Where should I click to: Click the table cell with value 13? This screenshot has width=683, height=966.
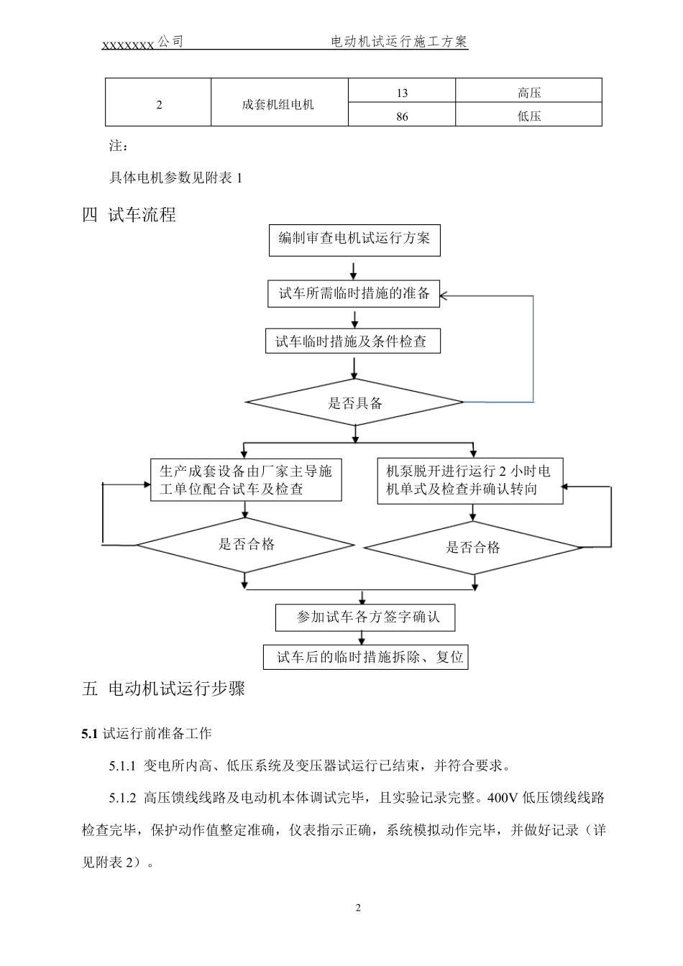pos(401,92)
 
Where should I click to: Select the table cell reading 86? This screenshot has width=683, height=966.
pos(401,116)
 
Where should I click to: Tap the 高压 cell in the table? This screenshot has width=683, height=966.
pos(528,92)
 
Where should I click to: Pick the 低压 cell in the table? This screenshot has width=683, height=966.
pos(528,116)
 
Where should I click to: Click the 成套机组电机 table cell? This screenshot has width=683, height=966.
pos(279,104)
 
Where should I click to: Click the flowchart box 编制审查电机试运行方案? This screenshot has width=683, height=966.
pos(354,239)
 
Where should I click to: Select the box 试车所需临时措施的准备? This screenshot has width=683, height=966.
pos(354,293)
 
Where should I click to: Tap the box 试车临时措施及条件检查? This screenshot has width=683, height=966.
pos(352,341)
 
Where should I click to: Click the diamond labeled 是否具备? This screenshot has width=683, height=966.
pos(355,402)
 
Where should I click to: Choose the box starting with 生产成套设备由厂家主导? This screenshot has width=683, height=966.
pos(246,480)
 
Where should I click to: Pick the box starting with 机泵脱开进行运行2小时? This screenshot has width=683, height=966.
pos(470,481)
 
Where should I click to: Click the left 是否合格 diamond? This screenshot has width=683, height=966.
pos(246,546)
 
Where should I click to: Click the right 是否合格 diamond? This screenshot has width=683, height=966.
pos(472,548)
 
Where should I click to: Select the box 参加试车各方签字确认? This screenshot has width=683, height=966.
pos(365,617)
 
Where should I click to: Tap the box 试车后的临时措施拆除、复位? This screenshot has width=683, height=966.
pos(366,657)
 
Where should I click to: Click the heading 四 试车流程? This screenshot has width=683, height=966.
pos(129,215)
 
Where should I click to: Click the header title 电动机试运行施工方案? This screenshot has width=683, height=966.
pos(399,42)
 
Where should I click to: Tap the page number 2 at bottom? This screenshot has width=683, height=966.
pos(358,908)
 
